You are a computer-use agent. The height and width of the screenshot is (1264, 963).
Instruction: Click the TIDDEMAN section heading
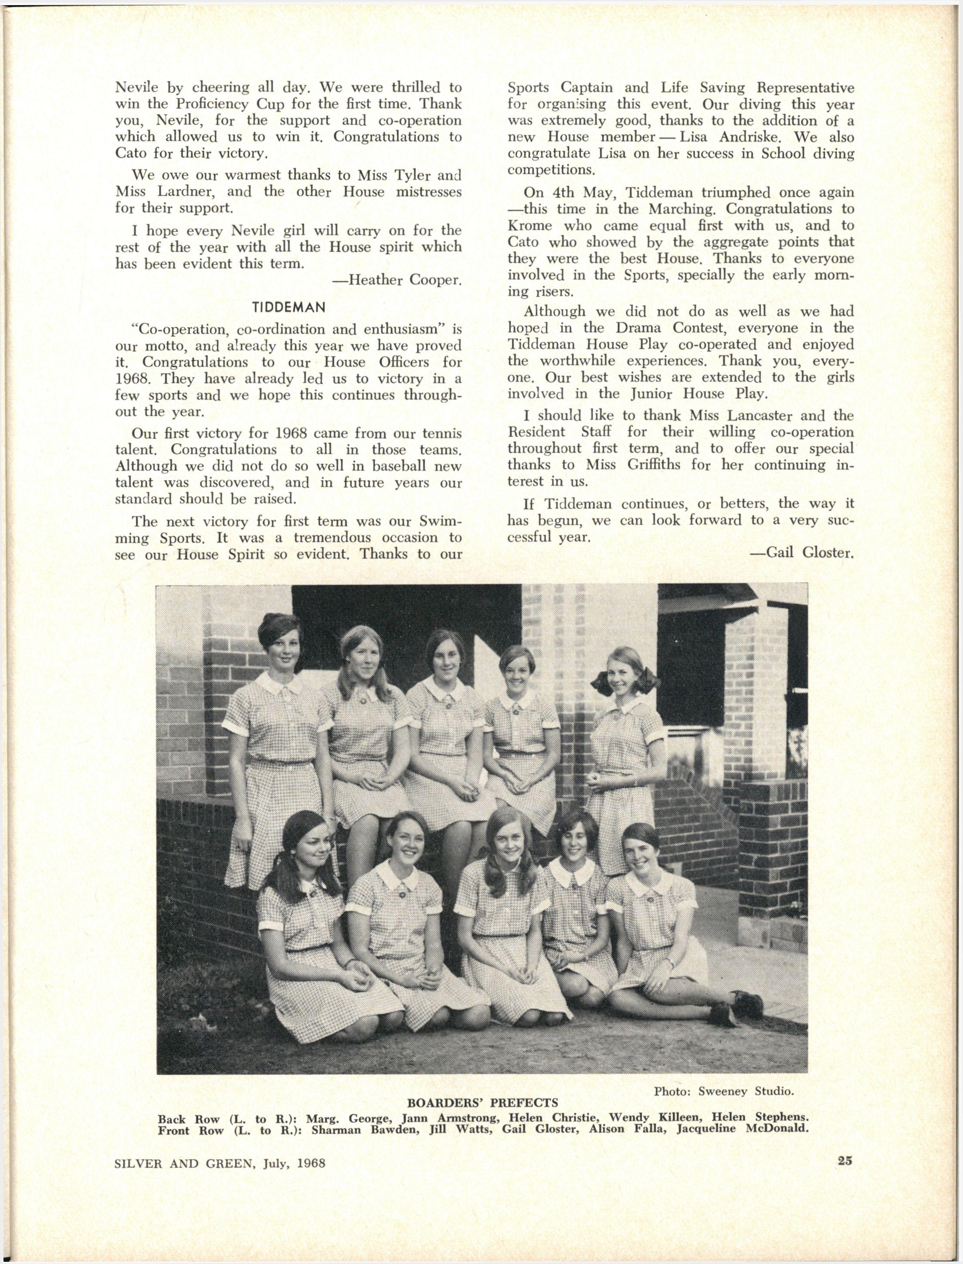click(x=289, y=307)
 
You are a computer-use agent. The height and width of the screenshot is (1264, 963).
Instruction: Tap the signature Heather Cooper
click(x=397, y=280)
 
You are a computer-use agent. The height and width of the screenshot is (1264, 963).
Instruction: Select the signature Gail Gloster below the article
click(x=801, y=553)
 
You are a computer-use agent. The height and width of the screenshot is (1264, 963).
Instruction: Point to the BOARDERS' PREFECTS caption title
click(x=482, y=1103)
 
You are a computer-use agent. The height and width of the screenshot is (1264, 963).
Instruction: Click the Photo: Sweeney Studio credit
click(x=723, y=1091)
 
